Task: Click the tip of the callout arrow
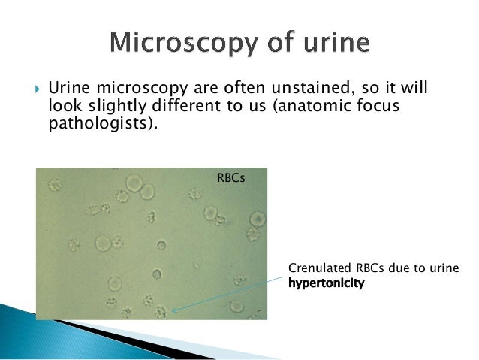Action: click(x=171, y=309)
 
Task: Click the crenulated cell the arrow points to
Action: click(x=160, y=310)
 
